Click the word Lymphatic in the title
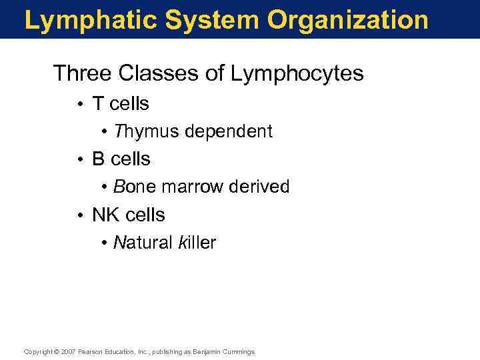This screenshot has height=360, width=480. click(x=90, y=21)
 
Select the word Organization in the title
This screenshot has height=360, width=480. click(x=349, y=21)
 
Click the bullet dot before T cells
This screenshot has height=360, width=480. click(x=79, y=105)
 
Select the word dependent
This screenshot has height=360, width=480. click(x=229, y=131)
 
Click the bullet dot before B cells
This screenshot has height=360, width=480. click(x=79, y=160)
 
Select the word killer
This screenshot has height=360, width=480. click(x=197, y=243)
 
